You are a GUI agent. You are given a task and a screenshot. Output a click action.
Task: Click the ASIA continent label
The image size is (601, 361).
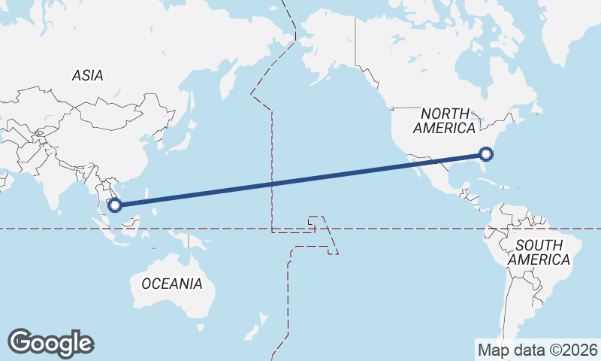(88, 75)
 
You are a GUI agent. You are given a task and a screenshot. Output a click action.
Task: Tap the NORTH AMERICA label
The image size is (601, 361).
(445, 121)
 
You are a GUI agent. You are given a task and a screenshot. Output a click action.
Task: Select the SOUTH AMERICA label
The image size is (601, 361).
(539, 252)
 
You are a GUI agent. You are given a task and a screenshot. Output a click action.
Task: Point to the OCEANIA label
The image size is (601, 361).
(172, 284)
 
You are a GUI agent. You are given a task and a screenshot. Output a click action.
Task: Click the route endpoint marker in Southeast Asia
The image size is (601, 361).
(115, 205)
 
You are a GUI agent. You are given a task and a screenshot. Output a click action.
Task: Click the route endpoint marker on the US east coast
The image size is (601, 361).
(486, 154)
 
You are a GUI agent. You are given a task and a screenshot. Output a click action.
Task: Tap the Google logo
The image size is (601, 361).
(50, 343)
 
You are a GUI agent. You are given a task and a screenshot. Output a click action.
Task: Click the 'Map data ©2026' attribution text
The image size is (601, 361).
(537, 350)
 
